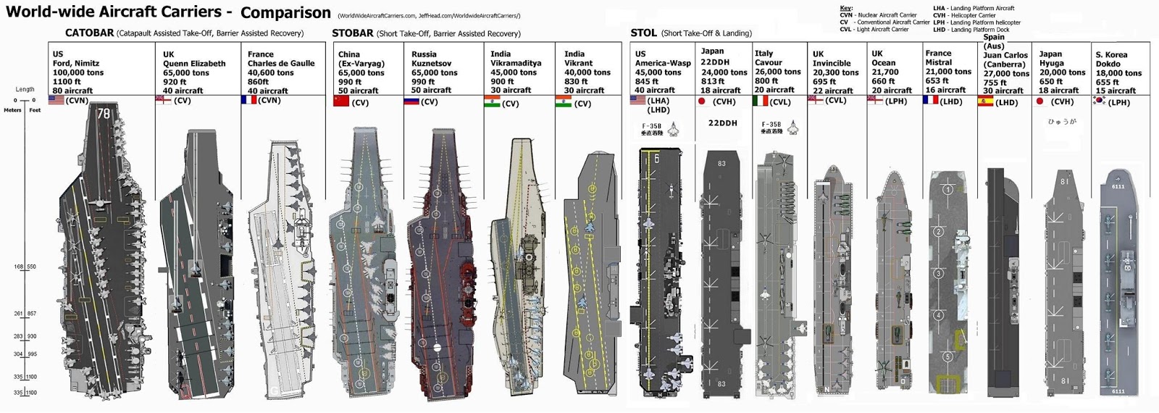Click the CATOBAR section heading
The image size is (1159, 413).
(89, 33)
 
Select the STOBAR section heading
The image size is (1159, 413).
(353, 33)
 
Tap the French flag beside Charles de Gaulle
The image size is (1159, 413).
(248, 100)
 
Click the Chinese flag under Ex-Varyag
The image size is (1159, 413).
(340, 101)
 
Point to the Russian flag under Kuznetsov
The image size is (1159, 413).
(411, 101)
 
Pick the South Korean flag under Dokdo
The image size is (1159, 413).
(1100, 101)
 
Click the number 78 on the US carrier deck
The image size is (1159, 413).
(104, 114)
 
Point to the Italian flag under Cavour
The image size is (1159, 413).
(761, 101)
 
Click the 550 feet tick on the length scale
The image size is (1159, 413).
(30, 267)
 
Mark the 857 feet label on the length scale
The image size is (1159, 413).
(32, 314)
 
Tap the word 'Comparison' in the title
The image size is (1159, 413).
(285, 13)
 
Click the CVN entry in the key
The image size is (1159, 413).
(845, 15)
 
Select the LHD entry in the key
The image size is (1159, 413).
(940, 30)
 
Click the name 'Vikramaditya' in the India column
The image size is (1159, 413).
(516, 63)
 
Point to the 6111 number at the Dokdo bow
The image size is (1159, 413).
(1118, 186)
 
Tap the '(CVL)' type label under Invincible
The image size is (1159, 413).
(835, 101)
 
